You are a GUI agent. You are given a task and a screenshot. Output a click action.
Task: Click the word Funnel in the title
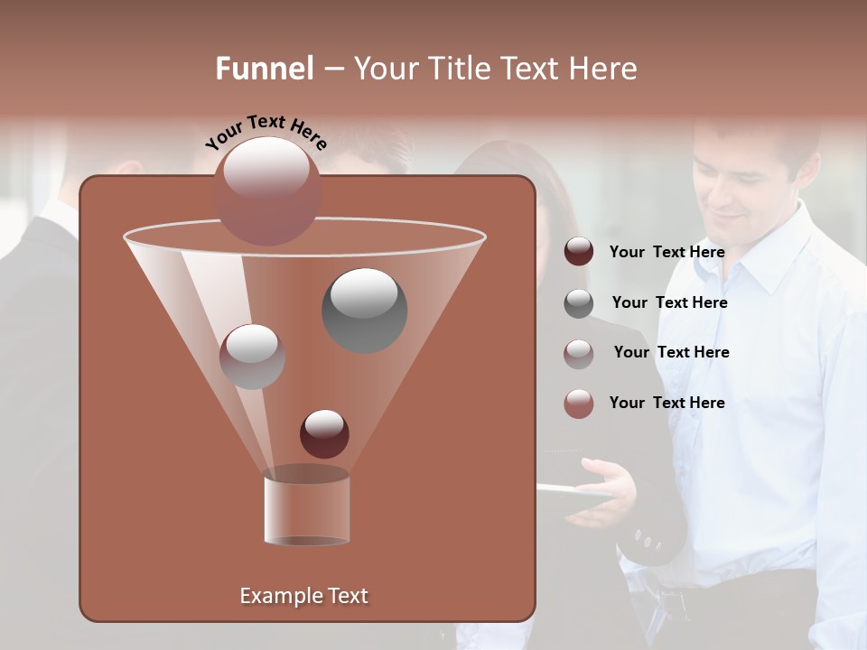(265, 69)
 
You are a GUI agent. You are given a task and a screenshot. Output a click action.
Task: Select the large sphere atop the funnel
(267, 190)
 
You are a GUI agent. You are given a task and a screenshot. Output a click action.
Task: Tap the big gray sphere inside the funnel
(364, 311)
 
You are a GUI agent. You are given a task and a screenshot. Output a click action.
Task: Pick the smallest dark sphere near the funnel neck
(324, 433)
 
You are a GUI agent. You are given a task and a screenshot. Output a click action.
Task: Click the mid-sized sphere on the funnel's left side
(252, 357)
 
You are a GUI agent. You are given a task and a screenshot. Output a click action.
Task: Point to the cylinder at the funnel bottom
(306, 510)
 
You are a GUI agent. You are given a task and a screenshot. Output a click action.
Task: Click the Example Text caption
(303, 596)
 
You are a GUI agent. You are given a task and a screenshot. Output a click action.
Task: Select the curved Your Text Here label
(266, 132)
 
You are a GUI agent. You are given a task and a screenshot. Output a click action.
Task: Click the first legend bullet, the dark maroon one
(579, 252)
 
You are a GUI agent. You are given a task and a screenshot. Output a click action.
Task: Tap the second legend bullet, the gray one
(579, 303)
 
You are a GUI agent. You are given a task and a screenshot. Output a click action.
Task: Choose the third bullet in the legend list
(579, 353)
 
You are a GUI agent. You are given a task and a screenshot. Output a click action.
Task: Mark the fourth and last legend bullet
(579, 404)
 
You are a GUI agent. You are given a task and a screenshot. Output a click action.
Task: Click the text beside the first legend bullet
(667, 253)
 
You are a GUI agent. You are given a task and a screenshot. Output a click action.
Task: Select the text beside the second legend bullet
(669, 303)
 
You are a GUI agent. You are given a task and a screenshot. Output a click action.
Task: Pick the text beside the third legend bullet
(671, 353)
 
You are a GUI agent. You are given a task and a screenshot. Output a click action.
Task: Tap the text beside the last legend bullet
(667, 404)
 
